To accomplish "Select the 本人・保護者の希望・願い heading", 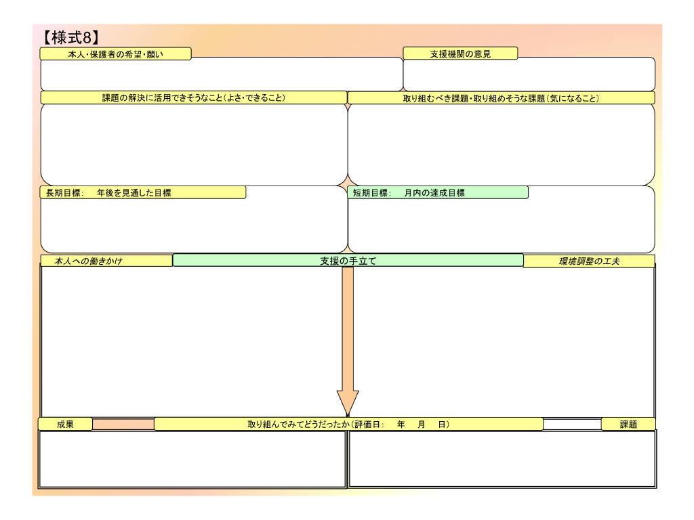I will click(x=115, y=54).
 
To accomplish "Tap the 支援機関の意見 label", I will click(x=460, y=54).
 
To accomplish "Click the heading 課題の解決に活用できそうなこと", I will click(x=194, y=97).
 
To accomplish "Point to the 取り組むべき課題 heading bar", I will click(x=501, y=98).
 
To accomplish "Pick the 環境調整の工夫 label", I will click(x=589, y=261).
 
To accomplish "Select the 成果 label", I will click(x=65, y=425).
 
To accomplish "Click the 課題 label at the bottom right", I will click(x=628, y=425).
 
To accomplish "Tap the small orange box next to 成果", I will click(x=123, y=425).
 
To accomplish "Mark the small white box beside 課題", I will click(x=572, y=425).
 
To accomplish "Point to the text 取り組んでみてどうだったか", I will click(x=298, y=425).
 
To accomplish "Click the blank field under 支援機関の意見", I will click(x=529, y=75).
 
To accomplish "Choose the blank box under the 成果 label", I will click(x=192, y=458).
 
